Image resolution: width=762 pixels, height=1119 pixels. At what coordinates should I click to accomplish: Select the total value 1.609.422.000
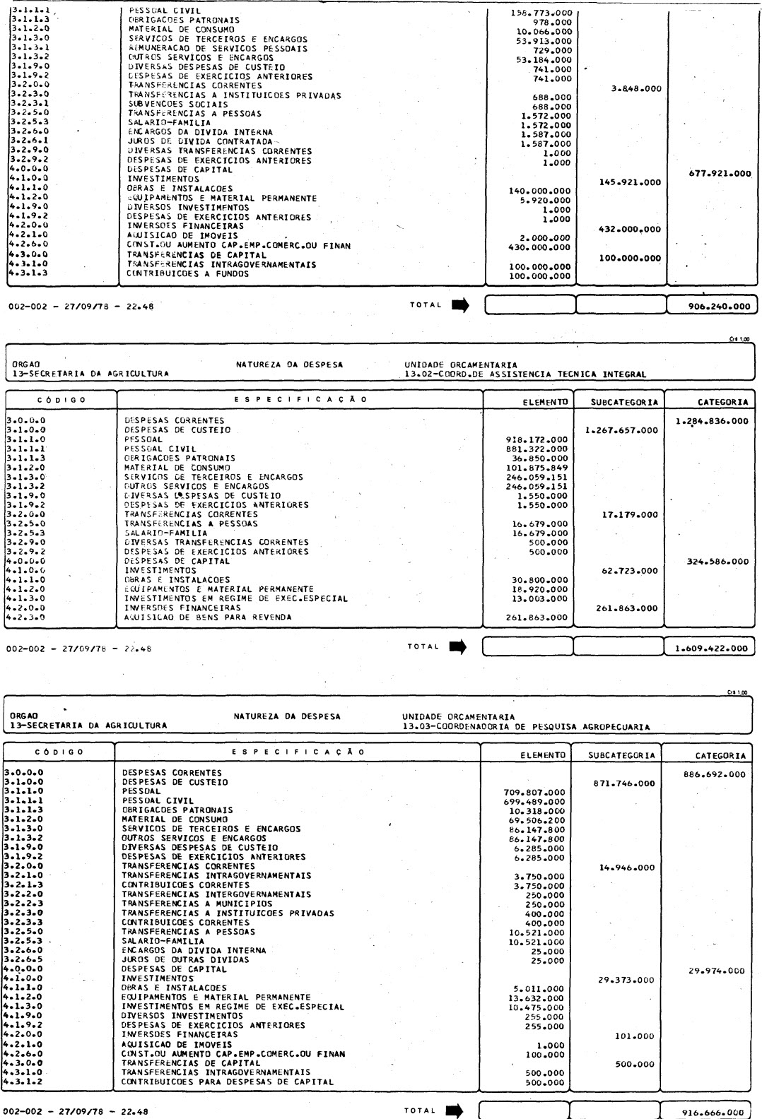(710, 648)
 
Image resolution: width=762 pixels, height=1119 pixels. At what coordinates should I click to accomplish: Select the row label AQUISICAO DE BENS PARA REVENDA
(207, 617)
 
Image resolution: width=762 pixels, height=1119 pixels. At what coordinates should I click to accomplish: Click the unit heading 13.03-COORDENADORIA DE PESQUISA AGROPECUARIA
(525, 726)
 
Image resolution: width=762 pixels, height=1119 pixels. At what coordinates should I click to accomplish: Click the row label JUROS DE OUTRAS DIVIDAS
(185, 960)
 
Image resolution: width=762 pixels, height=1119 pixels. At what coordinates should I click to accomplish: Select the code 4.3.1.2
(24, 1082)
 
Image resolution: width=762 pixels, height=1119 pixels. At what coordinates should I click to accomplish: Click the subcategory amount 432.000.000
(629, 230)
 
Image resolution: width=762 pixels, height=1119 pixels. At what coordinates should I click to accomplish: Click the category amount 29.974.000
(716, 971)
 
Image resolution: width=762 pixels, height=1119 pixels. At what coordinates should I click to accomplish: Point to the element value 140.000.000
(539, 191)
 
